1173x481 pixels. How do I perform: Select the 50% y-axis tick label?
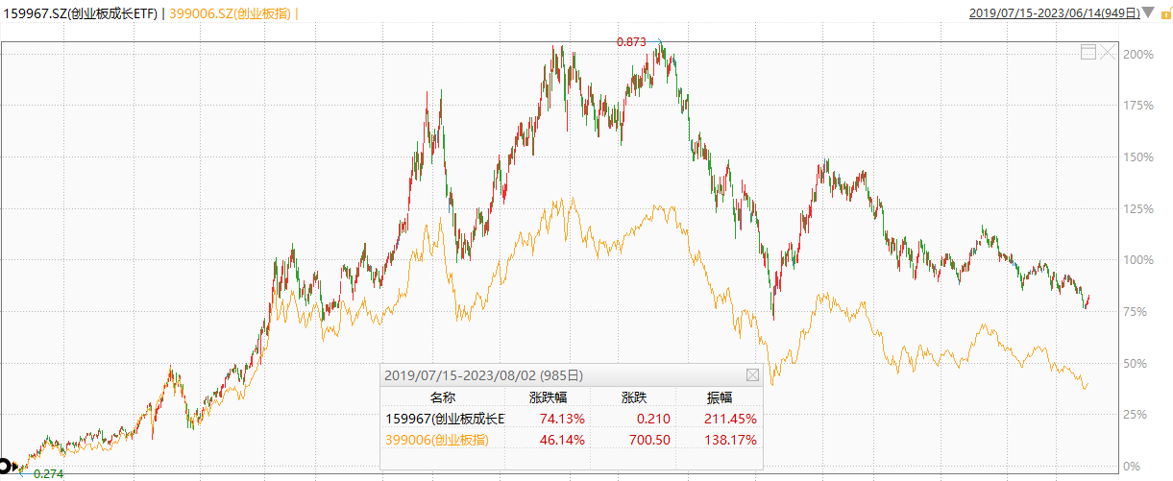[1140, 363]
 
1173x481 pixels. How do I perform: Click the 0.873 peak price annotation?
[630, 41]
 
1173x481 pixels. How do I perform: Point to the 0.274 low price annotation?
[48, 473]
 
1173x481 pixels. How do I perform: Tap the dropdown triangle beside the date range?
[1147, 12]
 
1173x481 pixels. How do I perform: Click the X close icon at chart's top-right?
[1108, 52]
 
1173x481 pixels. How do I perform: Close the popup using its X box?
[752, 374]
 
